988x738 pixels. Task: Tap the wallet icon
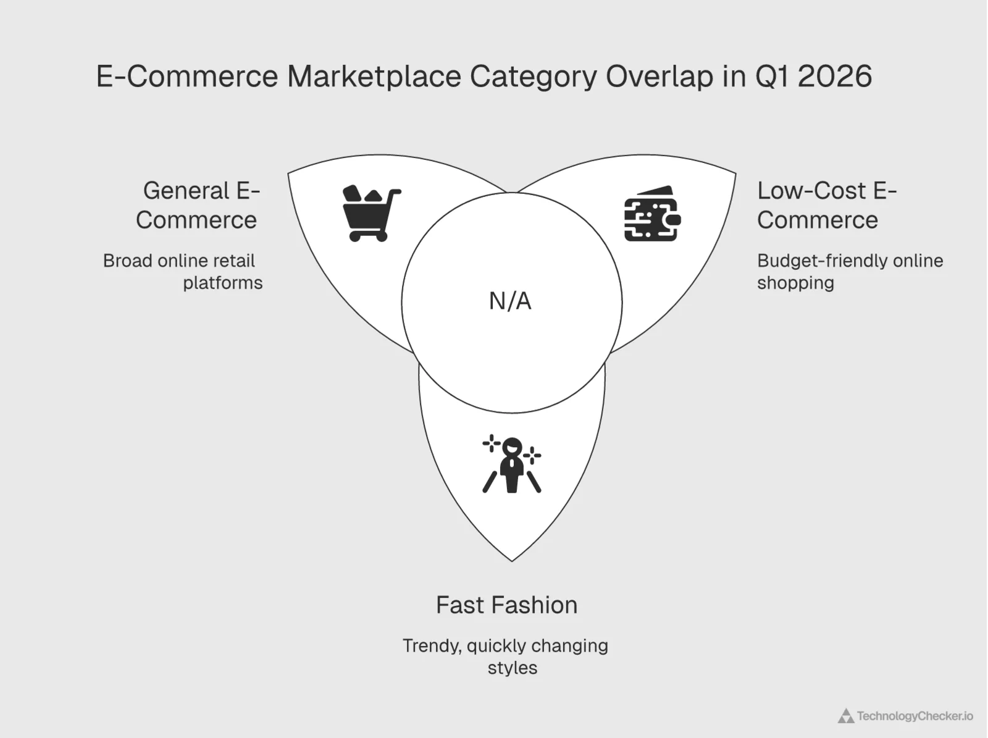click(652, 214)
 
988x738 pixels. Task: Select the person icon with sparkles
click(512, 464)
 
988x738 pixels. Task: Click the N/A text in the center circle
click(510, 301)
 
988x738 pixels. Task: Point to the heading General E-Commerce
click(198, 205)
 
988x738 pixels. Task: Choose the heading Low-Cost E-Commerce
click(826, 205)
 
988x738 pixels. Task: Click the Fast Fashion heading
click(506, 605)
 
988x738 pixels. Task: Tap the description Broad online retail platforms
click(183, 272)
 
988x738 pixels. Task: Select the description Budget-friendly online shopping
click(850, 272)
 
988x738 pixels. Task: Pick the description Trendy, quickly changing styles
click(506, 656)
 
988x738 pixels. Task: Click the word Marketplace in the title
click(374, 77)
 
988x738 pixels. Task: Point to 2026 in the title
click(834, 77)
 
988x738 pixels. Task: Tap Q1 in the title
click(772, 77)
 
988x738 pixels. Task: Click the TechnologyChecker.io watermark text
click(915, 716)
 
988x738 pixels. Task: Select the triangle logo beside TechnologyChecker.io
click(845, 716)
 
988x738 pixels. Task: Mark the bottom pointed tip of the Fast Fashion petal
click(512, 560)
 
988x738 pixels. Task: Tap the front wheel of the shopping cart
click(382, 236)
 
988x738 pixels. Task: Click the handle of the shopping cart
click(394, 193)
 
